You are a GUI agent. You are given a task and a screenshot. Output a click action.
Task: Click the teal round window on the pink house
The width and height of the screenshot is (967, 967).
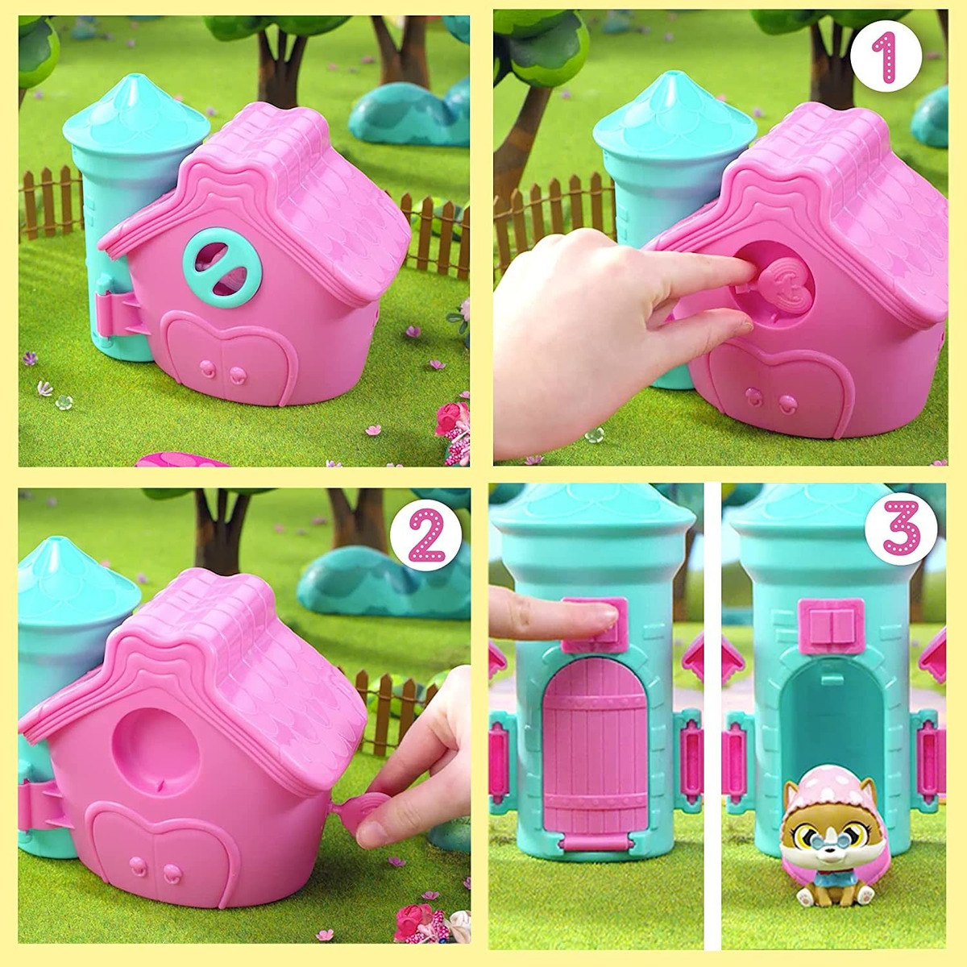tap(222, 268)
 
